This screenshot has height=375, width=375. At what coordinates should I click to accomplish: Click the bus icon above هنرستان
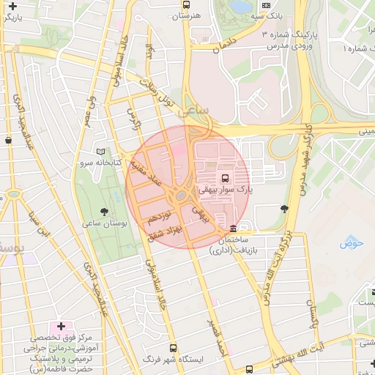tap(186, 4)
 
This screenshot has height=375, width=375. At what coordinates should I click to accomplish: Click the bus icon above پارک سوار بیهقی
tap(225, 177)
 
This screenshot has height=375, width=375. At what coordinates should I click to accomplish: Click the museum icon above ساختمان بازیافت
tap(233, 228)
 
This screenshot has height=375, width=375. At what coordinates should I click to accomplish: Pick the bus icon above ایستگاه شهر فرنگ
tap(173, 348)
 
